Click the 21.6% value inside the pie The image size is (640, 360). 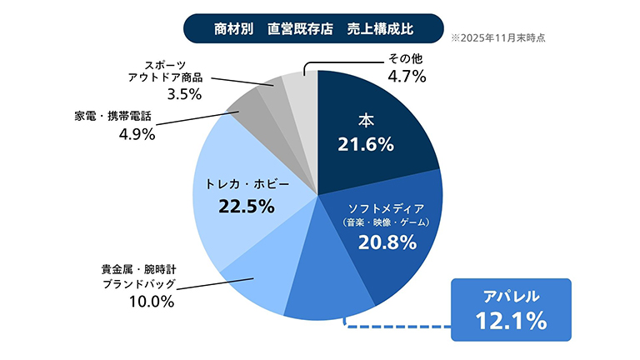click(365, 145)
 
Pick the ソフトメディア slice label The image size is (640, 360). click(385, 207)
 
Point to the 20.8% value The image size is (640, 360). click(386, 242)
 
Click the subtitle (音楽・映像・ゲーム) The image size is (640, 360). click(386, 223)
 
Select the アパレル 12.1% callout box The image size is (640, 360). click(511, 309)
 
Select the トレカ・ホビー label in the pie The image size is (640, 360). click(246, 182)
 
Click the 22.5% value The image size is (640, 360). click(246, 206)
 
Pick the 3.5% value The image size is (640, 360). click(184, 94)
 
